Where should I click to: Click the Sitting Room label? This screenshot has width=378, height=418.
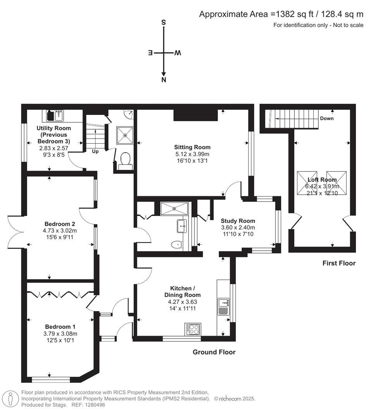[192, 147]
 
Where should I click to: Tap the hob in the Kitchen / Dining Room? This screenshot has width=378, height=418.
[193, 329]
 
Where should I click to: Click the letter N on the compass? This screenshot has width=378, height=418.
[164, 80]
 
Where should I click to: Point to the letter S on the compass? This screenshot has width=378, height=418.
[163, 22]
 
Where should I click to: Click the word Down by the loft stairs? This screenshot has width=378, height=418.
[326, 118]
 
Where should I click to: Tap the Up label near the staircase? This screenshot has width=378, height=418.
[95, 151]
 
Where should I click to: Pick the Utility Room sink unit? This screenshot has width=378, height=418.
[55, 115]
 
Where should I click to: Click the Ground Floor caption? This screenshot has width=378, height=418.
[214, 352]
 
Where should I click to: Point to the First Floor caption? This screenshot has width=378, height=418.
[339, 263]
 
